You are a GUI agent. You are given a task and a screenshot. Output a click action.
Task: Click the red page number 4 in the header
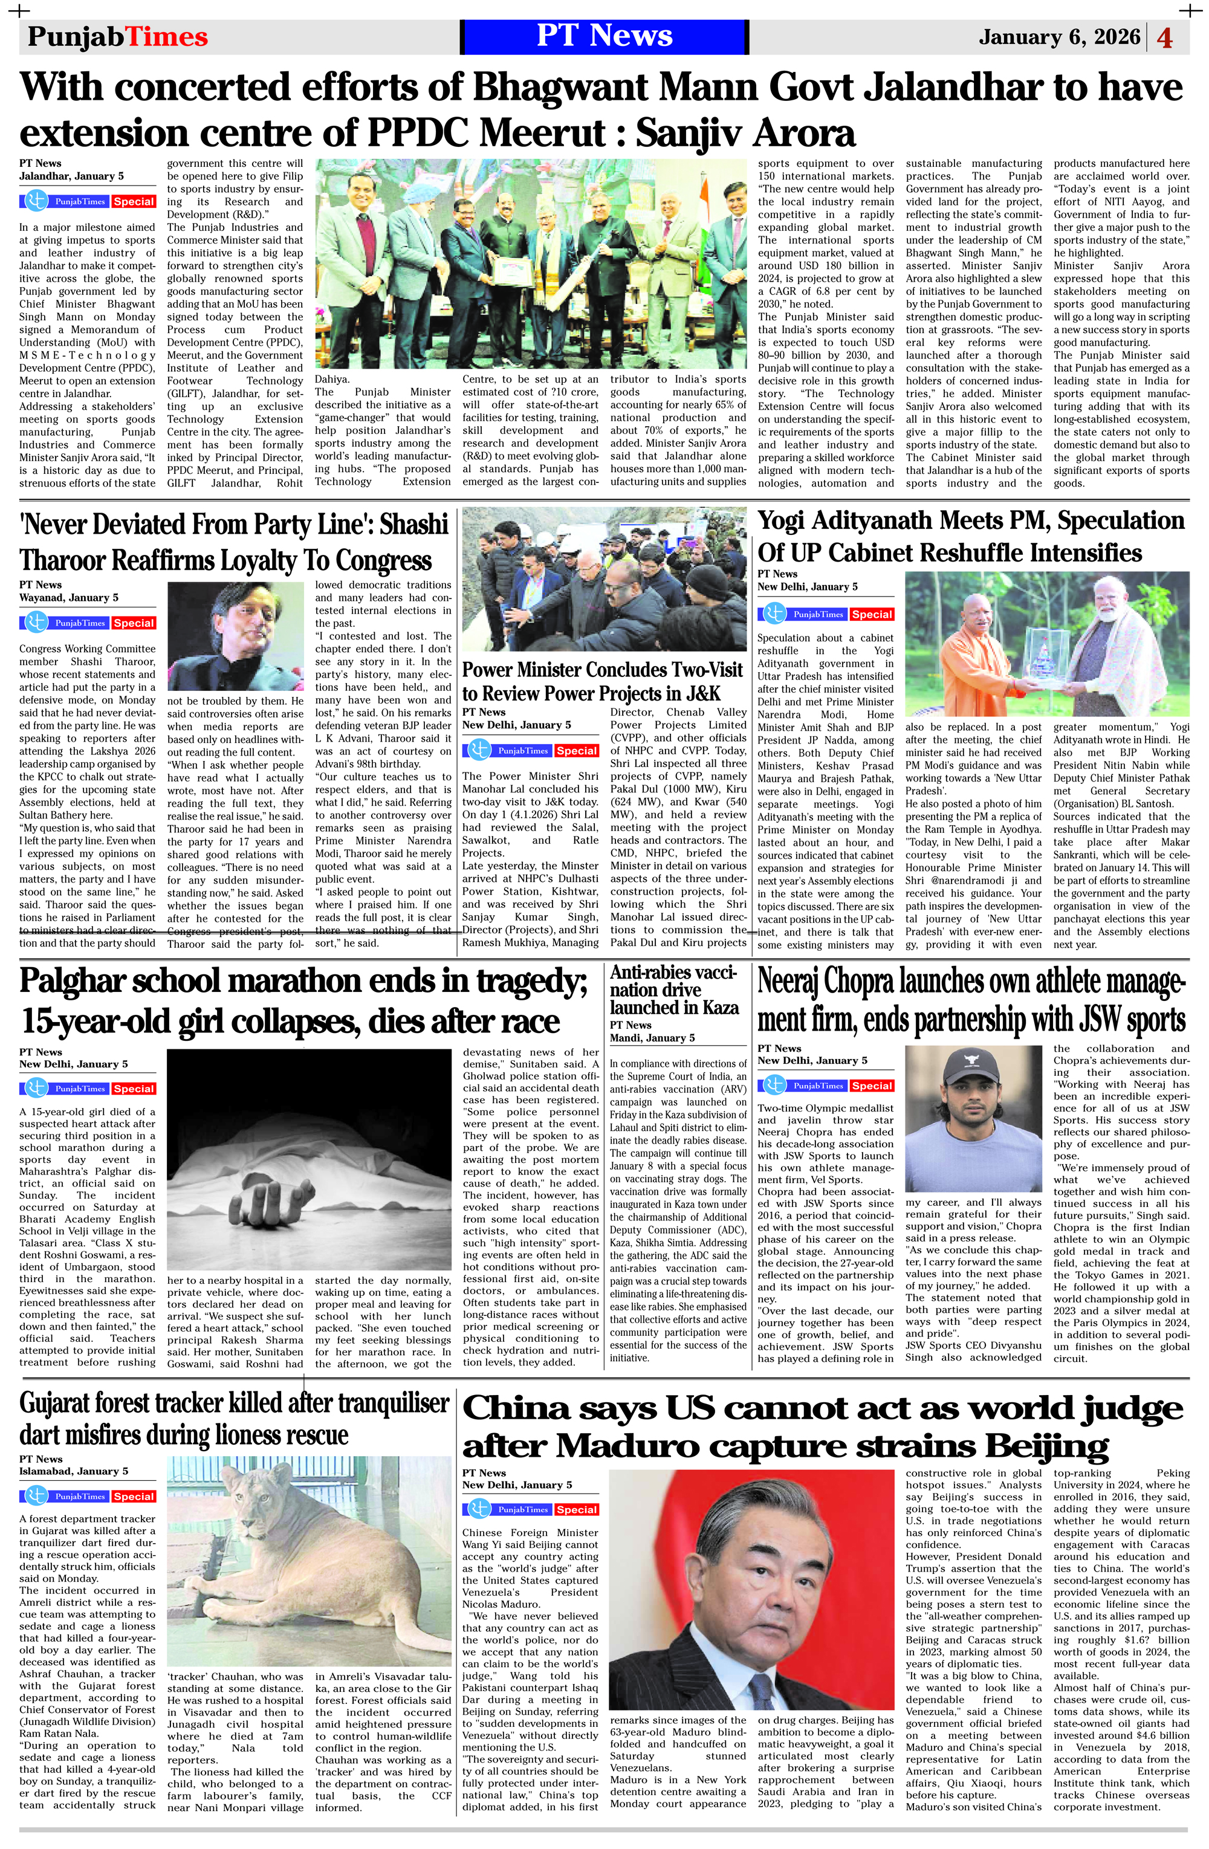click(1165, 38)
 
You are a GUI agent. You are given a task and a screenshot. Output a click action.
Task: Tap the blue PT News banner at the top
click(604, 36)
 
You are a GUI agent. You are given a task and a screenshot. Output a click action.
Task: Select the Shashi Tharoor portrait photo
click(235, 636)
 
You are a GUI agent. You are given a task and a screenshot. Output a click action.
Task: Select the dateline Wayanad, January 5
click(69, 597)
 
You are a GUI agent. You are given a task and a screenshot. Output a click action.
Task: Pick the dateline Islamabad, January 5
click(74, 1471)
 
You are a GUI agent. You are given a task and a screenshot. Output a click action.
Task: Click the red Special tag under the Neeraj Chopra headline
click(872, 1086)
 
